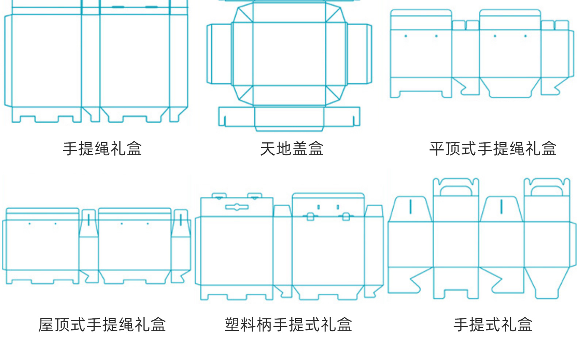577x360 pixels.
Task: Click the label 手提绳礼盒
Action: tap(102, 149)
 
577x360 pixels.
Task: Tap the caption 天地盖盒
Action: tap(291, 149)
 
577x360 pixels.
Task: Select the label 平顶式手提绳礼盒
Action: tap(493, 149)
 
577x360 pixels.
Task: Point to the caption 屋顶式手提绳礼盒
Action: tap(102, 324)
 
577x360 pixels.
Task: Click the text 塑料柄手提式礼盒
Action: tap(288, 324)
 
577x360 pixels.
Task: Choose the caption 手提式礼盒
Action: tap(493, 324)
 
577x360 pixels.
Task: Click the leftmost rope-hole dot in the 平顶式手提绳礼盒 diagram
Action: tap(406, 36)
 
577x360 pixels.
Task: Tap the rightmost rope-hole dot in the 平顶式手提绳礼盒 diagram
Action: tap(526, 36)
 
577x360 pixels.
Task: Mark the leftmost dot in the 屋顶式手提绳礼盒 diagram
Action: tap(30, 223)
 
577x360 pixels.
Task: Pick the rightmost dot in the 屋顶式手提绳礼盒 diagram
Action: tap(148, 223)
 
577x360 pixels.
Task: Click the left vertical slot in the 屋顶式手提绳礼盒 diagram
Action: tap(88, 219)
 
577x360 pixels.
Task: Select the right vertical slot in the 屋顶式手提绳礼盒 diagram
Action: tap(180, 219)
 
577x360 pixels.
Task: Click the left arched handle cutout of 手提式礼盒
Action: tap(456, 191)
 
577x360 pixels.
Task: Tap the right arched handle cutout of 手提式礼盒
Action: tap(547, 191)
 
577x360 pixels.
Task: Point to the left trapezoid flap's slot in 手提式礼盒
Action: tap(411, 206)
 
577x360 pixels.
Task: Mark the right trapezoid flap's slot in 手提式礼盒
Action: tap(501, 206)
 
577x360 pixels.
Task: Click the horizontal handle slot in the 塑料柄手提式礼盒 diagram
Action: tap(237, 207)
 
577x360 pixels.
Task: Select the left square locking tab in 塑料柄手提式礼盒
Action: tap(310, 217)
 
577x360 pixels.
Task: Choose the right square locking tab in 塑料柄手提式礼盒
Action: tap(345, 217)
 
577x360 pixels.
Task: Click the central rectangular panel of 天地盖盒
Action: tap(289, 54)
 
